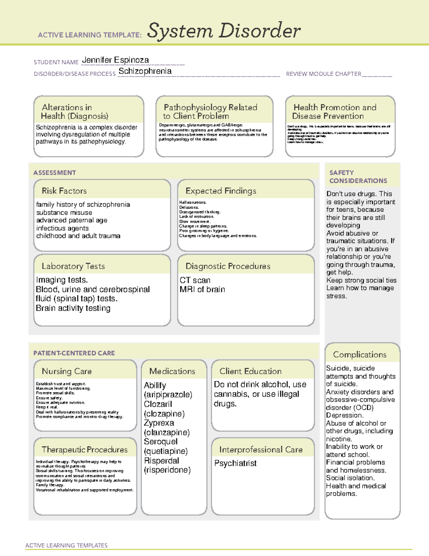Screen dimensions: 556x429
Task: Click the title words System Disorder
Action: tap(224, 31)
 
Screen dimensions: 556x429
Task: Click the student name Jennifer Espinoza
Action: tap(115, 60)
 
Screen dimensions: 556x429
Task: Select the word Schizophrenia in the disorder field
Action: tap(145, 71)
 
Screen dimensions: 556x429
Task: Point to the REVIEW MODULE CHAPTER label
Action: tap(324, 74)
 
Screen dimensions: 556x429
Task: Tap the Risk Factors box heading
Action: tap(64, 191)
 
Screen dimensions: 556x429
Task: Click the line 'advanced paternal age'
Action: tap(71, 220)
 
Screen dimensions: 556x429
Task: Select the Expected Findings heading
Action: tap(221, 191)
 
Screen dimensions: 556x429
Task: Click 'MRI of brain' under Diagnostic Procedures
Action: tap(202, 289)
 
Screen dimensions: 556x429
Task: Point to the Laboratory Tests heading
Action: tap(73, 266)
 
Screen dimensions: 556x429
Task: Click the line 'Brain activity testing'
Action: tap(73, 308)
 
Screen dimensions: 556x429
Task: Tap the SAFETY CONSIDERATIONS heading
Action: tap(358, 177)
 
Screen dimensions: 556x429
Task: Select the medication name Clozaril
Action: tap(158, 404)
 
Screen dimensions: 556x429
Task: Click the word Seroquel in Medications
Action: tap(161, 442)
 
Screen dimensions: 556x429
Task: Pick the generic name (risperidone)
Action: tap(167, 470)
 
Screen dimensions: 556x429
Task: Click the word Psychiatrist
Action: tap(235, 463)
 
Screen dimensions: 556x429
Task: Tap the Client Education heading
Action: tap(250, 371)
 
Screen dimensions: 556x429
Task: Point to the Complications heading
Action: tap(360, 354)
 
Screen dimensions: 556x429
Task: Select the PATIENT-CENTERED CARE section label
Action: tap(74, 353)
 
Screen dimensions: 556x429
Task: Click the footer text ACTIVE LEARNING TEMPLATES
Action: tap(66, 545)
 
